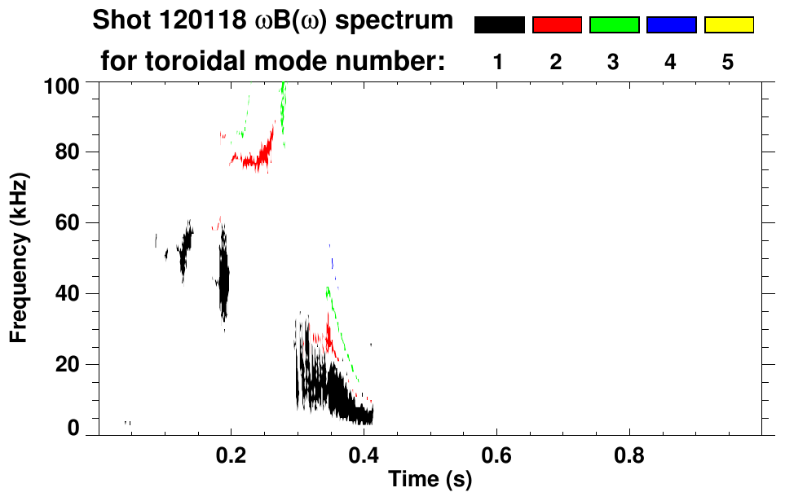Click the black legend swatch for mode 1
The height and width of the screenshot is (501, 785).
(499, 25)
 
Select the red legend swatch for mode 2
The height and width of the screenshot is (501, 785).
(557, 25)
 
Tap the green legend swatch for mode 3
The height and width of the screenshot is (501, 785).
(614, 25)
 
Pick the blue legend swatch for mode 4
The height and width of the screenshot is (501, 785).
(671, 25)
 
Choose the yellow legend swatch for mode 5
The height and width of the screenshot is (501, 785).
(728, 25)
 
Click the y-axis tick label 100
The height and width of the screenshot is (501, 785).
(62, 85)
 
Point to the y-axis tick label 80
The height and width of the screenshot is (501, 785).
(68, 152)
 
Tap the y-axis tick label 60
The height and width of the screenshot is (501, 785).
(68, 223)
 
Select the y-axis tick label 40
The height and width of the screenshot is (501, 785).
(68, 294)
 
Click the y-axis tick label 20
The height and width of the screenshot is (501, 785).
(68, 365)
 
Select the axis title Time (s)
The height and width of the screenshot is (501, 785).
(430, 481)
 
